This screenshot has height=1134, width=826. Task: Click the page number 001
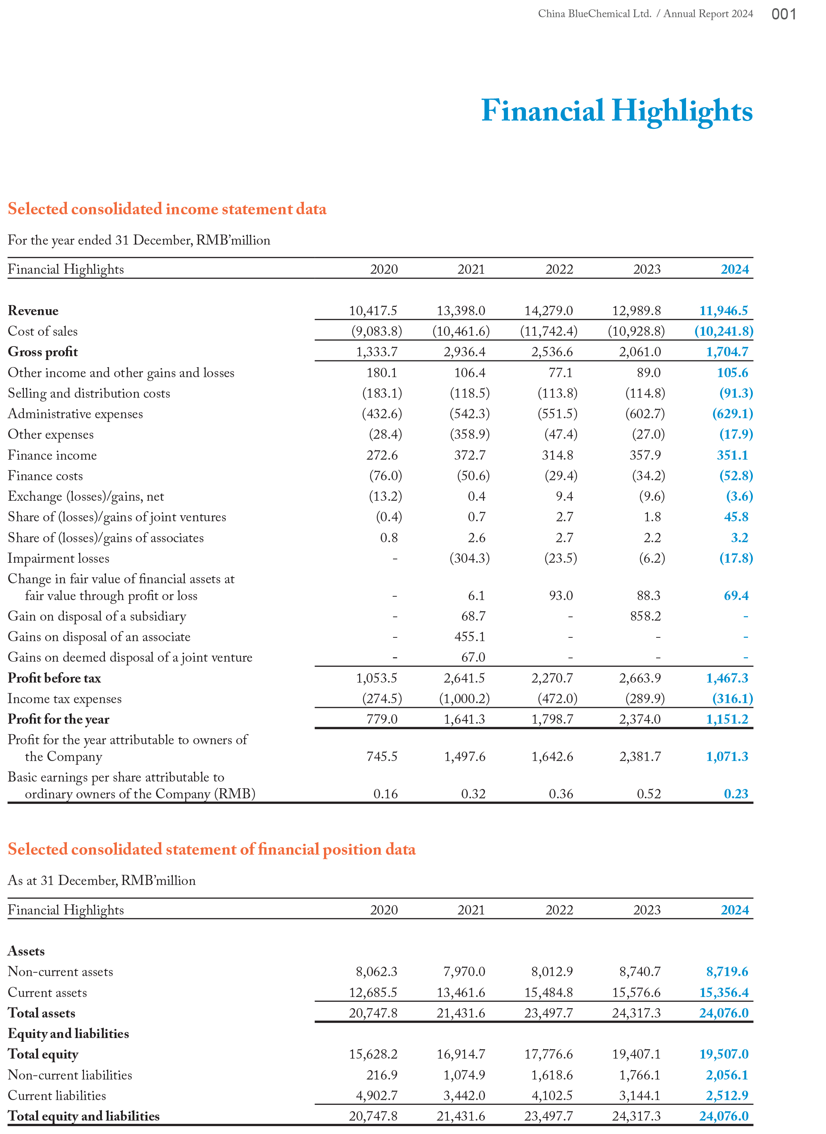(783, 14)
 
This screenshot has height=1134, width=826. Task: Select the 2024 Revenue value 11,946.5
(723, 311)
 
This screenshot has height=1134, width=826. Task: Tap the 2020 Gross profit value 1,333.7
(377, 352)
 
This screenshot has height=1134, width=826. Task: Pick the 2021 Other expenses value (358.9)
(470, 434)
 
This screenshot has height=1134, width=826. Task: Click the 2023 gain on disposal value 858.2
(645, 616)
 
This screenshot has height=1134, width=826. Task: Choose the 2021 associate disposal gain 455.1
(473, 636)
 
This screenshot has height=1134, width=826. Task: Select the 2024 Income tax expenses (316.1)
(732, 698)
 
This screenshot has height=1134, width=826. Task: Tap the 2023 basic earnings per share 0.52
(648, 794)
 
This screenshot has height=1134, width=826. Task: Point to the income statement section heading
(167, 209)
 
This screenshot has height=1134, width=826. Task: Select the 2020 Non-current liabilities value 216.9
(381, 1075)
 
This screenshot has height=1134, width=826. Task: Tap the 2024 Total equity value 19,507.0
(723, 1054)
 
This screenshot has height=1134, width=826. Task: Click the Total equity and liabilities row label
(84, 1116)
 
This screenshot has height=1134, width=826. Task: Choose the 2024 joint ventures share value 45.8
(736, 517)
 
